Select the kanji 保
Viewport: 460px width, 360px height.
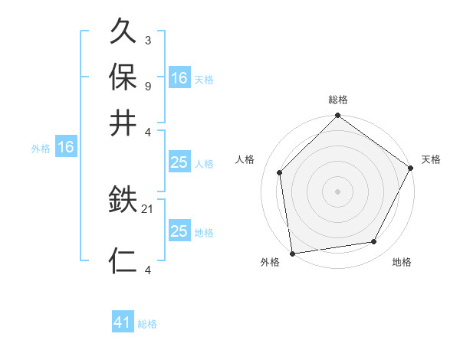click(124, 77)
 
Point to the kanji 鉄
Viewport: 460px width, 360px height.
click(124, 201)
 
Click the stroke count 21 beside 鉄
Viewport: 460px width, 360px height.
click(148, 208)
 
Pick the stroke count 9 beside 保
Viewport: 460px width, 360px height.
click(147, 85)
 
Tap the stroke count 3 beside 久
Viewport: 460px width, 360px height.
click(147, 41)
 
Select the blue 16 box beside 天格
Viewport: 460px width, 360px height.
click(179, 77)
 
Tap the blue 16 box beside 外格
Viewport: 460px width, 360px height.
click(66, 148)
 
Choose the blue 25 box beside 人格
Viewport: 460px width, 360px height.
click(179, 162)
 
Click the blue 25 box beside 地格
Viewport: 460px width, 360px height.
click(179, 231)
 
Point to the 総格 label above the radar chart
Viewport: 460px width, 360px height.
click(337, 100)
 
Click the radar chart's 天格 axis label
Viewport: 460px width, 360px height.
click(431, 159)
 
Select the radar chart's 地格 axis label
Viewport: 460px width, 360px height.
click(402, 263)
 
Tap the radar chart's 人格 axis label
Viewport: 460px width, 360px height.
click(245, 159)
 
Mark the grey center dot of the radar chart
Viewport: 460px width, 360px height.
click(337, 191)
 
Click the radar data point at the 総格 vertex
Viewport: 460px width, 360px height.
click(337, 116)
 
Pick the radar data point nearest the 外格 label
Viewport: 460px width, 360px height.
click(292, 253)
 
